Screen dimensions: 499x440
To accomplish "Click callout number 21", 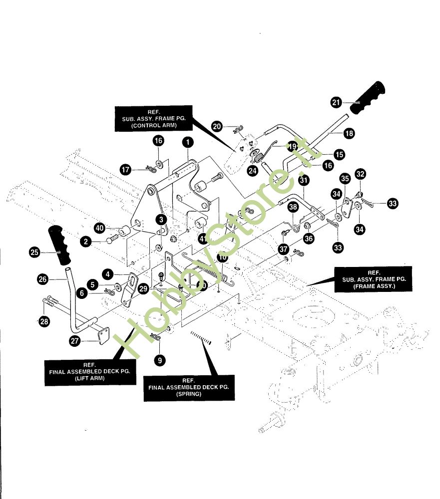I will [336, 102].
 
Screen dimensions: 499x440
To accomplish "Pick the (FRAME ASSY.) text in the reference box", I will [374, 287].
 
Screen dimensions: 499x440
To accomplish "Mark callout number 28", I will [44, 322].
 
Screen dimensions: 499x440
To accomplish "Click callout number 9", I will [159, 359].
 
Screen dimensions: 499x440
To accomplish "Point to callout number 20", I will [217, 127].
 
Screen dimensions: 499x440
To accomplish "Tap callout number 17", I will [126, 170].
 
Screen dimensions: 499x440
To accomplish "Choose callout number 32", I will [361, 174].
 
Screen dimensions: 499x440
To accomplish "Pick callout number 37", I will [284, 248].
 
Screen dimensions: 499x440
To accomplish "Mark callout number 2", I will [86, 242].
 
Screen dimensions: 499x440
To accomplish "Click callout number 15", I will [339, 155].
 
